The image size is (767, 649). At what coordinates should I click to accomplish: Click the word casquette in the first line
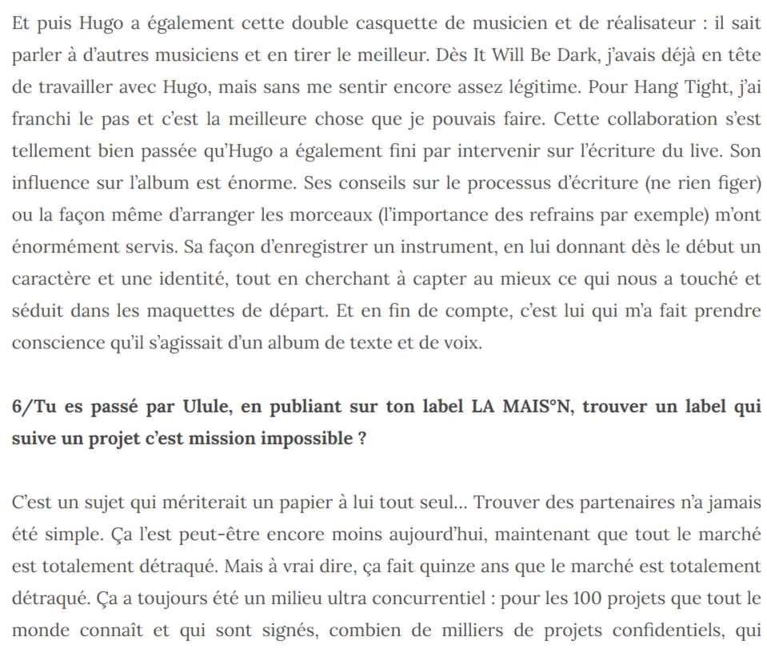[x=384, y=22]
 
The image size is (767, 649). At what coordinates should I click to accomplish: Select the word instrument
[x=425, y=247]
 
